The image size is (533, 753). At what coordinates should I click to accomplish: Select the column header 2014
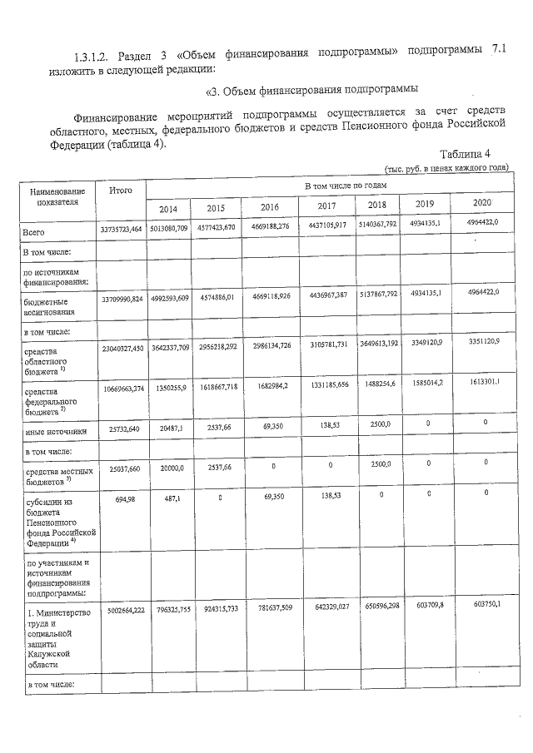[x=168, y=209]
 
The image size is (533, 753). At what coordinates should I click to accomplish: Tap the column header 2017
[x=325, y=206]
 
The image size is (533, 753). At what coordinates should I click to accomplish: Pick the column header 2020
[x=477, y=203]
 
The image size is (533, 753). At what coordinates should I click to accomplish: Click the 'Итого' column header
[x=121, y=191]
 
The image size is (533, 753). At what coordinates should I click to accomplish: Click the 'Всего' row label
[x=34, y=233]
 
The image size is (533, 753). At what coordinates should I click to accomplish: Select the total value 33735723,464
[x=122, y=229]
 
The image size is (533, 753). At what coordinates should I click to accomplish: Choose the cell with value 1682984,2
[x=269, y=385]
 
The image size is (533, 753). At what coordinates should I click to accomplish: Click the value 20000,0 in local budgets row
[x=168, y=468]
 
